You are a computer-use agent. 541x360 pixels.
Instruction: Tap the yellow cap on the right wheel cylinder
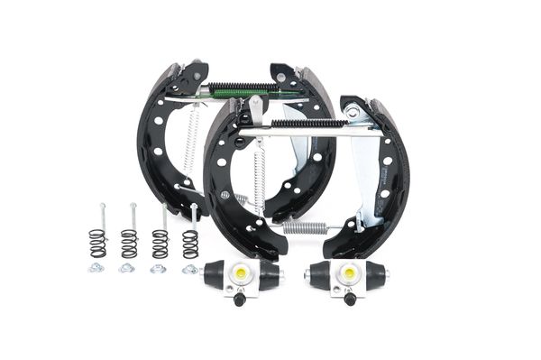pyautogui.click(x=347, y=272)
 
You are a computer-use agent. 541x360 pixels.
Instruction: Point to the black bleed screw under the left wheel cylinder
pyautogui.click(x=238, y=299)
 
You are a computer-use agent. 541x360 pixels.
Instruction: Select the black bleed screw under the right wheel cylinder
pyautogui.click(x=347, y=300)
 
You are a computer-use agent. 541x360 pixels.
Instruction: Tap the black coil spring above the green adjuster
pyautogui.click(x=247, y=87)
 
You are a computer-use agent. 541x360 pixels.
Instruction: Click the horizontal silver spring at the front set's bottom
pyautogui.click(x=304, y=226)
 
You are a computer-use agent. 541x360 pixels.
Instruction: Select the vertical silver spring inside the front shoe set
pyautogui.click(x=260, y=180)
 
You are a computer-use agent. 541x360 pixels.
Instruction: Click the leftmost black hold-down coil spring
pyautogui.click(x=96, y=243)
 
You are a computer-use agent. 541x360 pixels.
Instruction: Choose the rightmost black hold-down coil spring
pyautogui.click(x=190, y=244)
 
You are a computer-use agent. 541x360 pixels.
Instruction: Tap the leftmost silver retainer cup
pyautogui.click(x=96, y=268)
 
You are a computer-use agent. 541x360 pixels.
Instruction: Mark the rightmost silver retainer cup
pyautogui.click(x=189, y=269)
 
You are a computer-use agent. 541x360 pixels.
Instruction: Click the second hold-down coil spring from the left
pyautogui.click(x=129, y=243)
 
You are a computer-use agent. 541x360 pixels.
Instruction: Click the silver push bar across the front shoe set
pyautogui.click(x=307, y=132)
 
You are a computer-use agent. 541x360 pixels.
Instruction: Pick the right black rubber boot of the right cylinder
pyautogui.click(x=377, y=275)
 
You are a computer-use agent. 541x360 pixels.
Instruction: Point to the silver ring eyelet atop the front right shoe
pyautogui.click(x=353, y=112)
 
